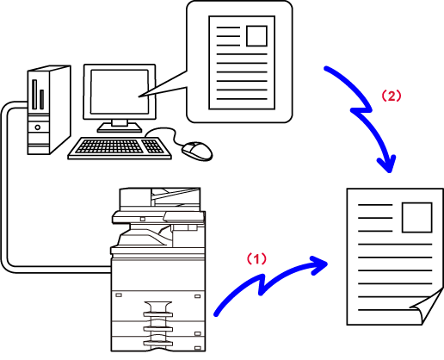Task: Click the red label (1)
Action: [256, 258]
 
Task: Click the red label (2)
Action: [392, 96]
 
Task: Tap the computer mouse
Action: [197, 151]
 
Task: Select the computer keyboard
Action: [120, 148]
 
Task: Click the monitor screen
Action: [120, 91]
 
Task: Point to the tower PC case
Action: [49, 110]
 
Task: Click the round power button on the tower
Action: [38, 127]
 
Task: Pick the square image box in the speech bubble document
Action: [256, 36]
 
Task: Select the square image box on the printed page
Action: [417, 217]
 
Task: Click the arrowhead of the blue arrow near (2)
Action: [387, 164]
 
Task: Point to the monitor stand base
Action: [120, 128]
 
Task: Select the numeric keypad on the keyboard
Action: [153, 146]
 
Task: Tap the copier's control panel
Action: [184, 217]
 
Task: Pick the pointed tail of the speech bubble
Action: [139, 96]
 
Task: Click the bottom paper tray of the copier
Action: [158, 344]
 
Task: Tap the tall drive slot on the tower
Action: [34, 95]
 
